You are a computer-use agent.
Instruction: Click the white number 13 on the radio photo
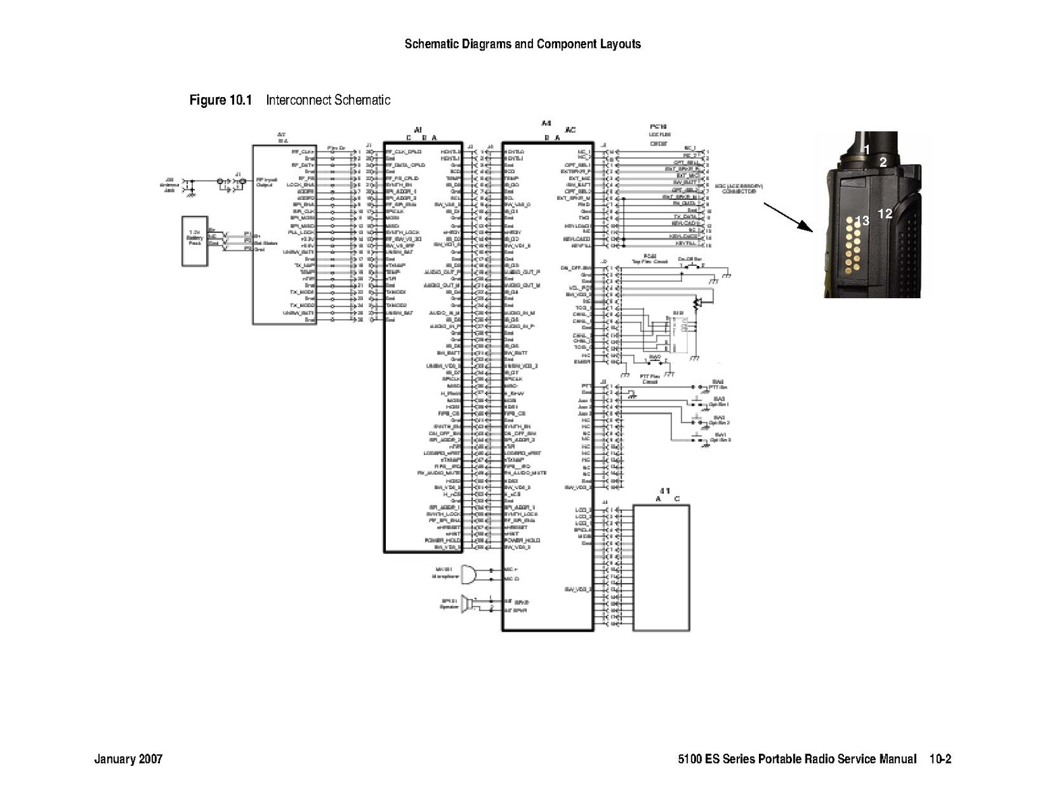861,221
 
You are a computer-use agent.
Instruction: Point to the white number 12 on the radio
885,213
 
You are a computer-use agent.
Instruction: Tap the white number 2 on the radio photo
882,162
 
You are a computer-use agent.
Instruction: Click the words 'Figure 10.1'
220,101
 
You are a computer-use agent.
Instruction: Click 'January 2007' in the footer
128,759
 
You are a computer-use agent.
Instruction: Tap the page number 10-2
940,759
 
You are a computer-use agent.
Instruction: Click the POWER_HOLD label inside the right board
517,540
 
